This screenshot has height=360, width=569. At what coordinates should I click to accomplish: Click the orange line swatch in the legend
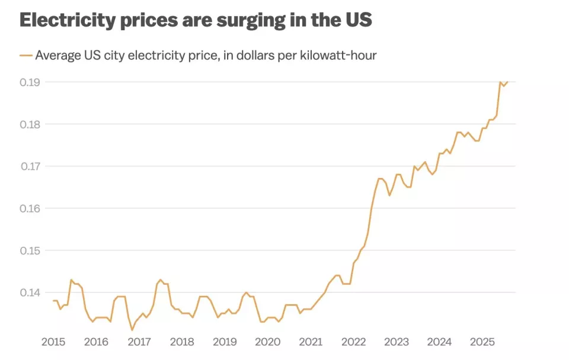click(25, 55)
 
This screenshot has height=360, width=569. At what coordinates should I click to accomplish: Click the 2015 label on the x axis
click(53, 342)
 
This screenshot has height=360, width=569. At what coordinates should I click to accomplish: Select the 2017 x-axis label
click(139, 342)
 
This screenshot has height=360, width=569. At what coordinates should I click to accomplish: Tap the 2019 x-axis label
click(225, 342)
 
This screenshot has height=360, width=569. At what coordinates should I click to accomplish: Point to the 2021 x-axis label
click(311, 342)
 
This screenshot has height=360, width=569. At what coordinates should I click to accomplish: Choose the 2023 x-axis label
click(397, 342)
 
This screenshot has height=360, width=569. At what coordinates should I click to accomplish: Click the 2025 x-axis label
click(482, 342)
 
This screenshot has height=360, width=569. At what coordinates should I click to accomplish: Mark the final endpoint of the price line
click(507, 82)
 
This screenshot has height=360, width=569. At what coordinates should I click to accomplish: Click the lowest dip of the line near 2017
click(132, 330)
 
